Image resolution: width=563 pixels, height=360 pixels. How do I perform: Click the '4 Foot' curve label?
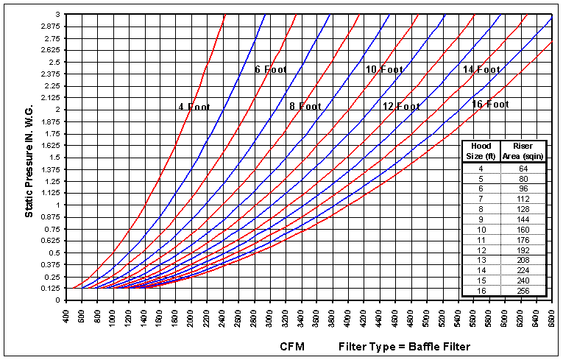coord(194,107)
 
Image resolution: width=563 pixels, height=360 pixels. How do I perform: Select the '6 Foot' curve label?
coord(270,70)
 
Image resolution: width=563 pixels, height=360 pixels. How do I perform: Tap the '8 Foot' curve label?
coord(305,107)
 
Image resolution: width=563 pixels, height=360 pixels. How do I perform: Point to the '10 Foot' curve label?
coord(384,70)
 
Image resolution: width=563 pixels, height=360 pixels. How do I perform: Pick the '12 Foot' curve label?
coord(401,107)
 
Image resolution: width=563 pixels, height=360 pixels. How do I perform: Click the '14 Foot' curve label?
coord(481,70)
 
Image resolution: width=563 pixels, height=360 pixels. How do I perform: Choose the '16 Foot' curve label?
coord(490,105)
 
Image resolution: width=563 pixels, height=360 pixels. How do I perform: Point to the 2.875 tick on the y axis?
coord(51,27)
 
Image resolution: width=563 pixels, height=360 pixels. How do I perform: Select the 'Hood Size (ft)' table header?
coord(481,151)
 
